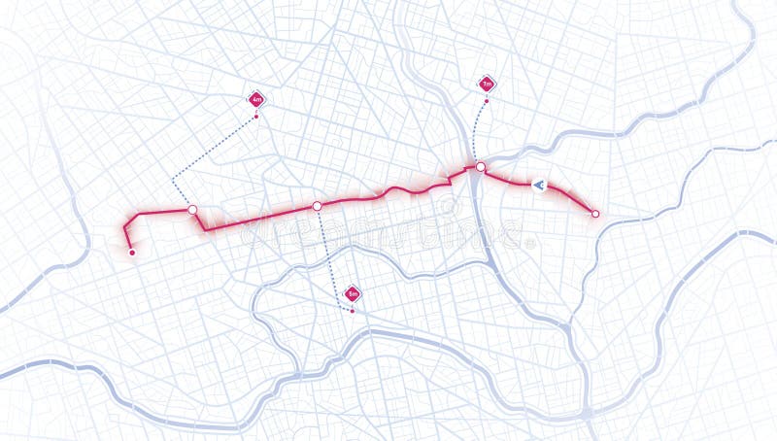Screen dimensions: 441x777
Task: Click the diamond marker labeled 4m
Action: [256, 99]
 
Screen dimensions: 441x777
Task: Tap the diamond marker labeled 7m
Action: [487, 85]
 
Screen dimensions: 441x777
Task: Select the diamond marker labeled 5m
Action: [353, 293]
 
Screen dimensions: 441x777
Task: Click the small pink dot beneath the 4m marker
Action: [256, 118]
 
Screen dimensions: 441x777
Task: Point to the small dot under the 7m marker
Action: [487, 101]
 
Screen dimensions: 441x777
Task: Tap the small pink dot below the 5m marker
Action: [353, 311]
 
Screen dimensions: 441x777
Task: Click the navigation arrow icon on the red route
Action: [539, 185]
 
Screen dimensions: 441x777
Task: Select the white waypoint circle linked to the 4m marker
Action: [192, 210]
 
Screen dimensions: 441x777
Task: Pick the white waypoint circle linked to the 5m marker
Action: [317, 206]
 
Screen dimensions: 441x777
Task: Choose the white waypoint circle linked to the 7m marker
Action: [480, 167]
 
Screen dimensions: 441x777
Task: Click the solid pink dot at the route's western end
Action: [132, 253]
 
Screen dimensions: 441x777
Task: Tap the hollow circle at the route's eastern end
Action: [595, 214]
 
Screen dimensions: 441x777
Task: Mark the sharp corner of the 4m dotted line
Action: [173, 180]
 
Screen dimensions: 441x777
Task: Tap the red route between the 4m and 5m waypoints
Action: [257, 218]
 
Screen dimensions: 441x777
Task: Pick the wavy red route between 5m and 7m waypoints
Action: [398, 189]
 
